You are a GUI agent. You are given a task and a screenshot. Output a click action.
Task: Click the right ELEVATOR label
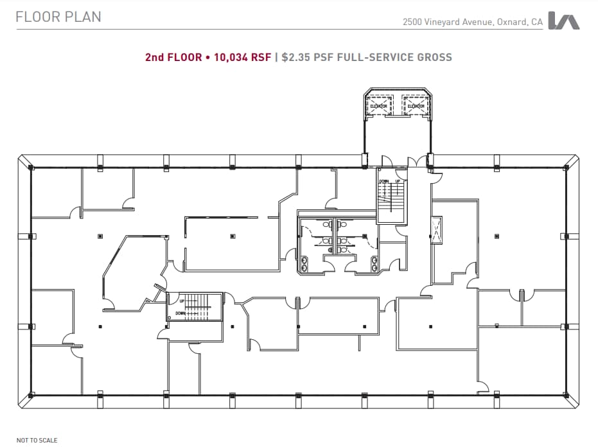pos(416,106)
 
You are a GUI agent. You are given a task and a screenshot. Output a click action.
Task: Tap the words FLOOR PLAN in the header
pos(58,17)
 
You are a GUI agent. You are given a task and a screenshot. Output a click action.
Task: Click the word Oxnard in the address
pos(512,22)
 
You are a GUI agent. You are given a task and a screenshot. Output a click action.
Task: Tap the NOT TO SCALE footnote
pos(37,440)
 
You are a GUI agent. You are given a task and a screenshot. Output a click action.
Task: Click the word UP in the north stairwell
pos(398,182)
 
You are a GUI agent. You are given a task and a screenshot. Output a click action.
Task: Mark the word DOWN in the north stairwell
pos(384,182)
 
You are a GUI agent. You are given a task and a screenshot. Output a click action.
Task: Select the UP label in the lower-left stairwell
pos(182,301)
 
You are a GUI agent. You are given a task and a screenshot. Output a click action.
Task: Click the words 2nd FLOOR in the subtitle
pos(173,57)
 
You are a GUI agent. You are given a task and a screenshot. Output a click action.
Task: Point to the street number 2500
pos(412,22)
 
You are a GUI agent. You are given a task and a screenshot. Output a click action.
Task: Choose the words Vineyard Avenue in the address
pos(458,22)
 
